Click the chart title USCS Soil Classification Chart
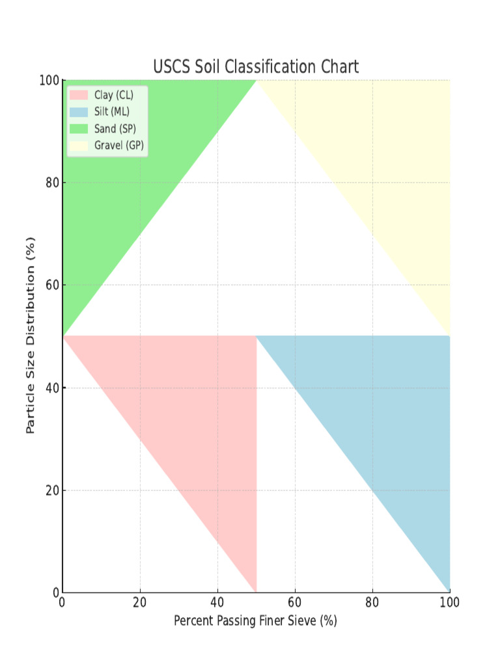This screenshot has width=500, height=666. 256,67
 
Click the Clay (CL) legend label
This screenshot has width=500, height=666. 113,96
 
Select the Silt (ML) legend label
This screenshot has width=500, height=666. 111,112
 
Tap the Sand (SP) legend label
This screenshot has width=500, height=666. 115,129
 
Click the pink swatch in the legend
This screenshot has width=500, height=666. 78,96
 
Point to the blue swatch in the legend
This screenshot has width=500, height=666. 78,112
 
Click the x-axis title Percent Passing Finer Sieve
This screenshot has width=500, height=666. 255,621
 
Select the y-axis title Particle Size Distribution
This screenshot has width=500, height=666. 30,336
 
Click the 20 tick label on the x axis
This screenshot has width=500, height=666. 139,603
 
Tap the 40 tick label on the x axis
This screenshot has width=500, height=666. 217,603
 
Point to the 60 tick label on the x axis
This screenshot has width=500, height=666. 294,603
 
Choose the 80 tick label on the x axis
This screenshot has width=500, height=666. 372,603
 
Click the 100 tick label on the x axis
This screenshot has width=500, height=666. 449,603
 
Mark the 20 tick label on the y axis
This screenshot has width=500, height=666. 52,490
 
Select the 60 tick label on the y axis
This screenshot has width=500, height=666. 52,286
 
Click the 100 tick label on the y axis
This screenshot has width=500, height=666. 49,80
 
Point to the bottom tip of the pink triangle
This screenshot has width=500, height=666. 255,589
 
